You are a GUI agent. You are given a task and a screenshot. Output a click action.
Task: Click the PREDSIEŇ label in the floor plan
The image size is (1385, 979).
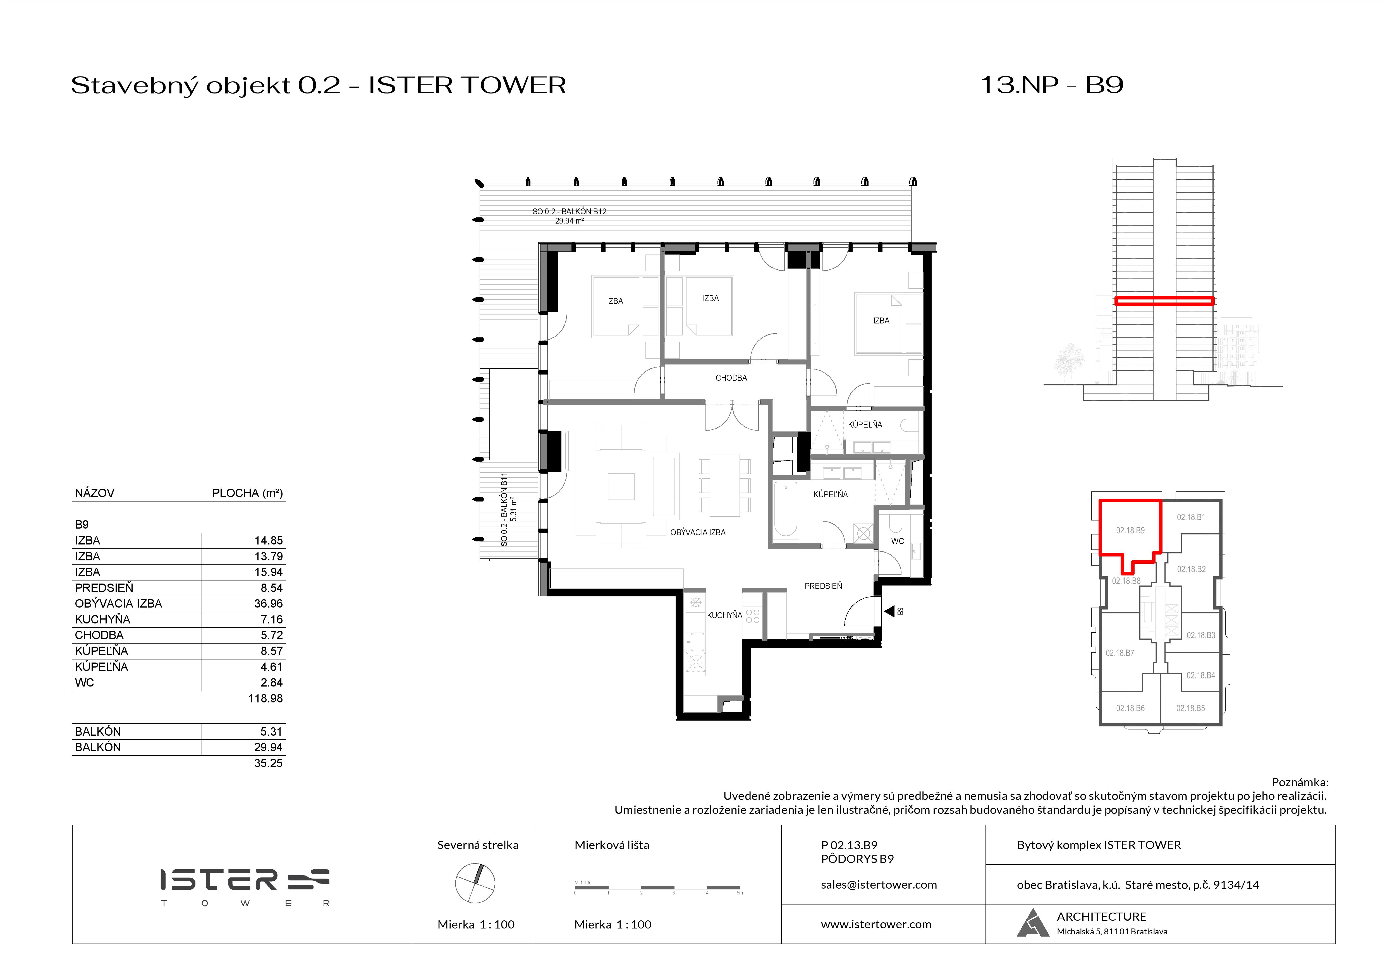pyautogui.click(x=823, y=585)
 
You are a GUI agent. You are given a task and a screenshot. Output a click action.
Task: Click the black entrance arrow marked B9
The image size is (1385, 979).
pyautogui.click(x=889, y=611)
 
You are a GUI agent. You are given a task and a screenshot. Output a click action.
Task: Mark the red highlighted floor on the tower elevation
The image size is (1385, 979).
pyautogui.click(x=1164, y=300)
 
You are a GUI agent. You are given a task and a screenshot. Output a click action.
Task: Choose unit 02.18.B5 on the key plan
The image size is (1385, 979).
pyautogui.click(x=1190, y=708)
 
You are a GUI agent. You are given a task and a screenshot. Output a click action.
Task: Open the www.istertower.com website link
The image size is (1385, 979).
pyautogui.click(x=876, y=924)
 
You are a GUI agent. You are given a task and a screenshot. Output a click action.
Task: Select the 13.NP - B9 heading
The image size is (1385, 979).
pyautogui.click(x=1051, y=85)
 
